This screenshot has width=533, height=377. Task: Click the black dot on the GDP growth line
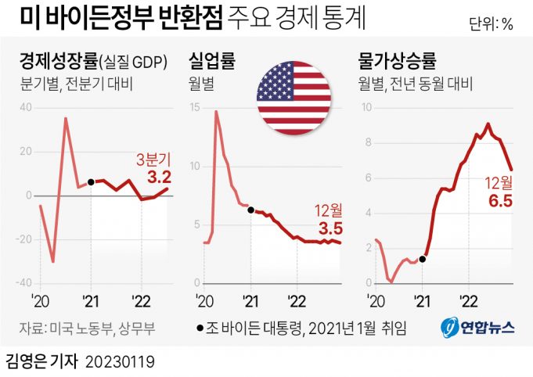(91, 182)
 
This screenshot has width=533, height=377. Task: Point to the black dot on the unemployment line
(250, 210)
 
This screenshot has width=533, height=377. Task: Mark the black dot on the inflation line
(423, 259)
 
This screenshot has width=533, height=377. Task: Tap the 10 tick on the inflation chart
(368, 107)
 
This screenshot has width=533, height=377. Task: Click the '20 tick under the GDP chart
(40, 300)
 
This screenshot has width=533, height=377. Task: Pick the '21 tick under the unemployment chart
(250, 300)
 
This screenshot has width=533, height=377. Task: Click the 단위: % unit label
(492, 23)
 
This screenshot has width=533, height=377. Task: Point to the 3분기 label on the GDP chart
(153, 159)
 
